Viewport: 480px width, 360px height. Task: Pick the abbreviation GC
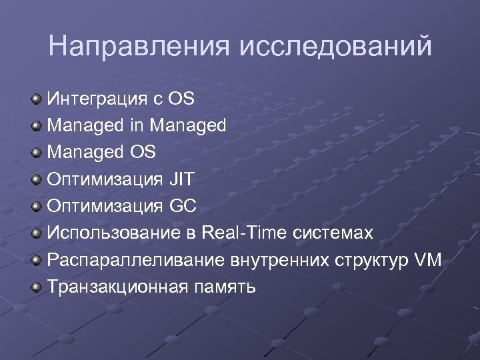point(183,207)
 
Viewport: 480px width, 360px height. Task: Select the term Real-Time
point(242,233)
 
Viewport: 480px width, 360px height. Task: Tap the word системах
point(331,234)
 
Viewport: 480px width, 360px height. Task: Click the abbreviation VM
point(427,261)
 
